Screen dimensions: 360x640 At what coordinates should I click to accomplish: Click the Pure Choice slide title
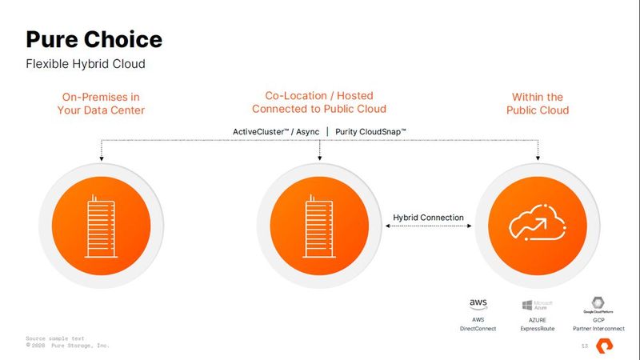(94, 39)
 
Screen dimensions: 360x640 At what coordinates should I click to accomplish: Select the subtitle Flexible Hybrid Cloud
(86, 63)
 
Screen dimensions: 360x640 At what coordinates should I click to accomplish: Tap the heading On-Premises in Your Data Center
(101, 103)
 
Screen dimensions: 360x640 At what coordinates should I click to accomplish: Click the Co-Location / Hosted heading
(319, 102)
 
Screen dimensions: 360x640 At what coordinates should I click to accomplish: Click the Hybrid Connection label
(429, 218)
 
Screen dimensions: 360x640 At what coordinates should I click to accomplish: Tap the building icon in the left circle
(101, 227)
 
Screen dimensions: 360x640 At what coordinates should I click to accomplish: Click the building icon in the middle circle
(319, 227)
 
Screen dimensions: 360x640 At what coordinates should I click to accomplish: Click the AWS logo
(478, 304)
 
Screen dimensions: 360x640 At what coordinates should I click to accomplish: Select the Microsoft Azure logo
(531, 305)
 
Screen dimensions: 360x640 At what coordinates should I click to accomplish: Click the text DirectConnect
(478, 329)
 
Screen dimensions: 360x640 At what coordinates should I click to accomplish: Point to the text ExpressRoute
(531, 329)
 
